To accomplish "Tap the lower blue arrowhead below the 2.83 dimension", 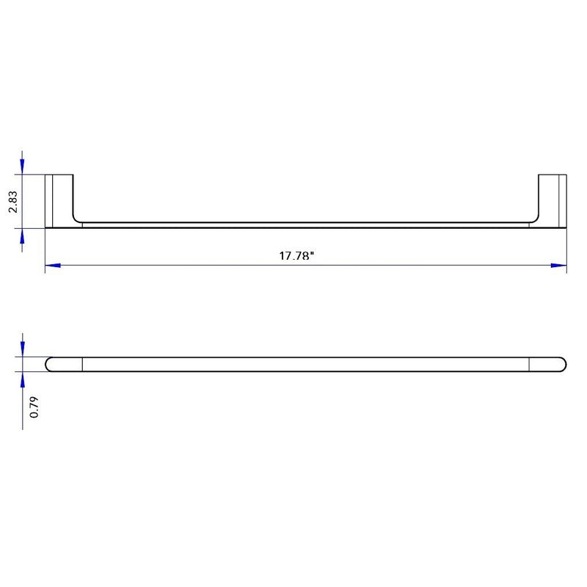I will pos(23,236).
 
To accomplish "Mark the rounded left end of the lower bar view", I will pos(50,364).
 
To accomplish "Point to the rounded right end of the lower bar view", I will pos(562,364).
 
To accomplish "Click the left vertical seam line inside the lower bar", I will pos(82,364).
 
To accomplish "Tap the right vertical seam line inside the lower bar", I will pos(529,364).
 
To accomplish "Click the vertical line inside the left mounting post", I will pos(53,200).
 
